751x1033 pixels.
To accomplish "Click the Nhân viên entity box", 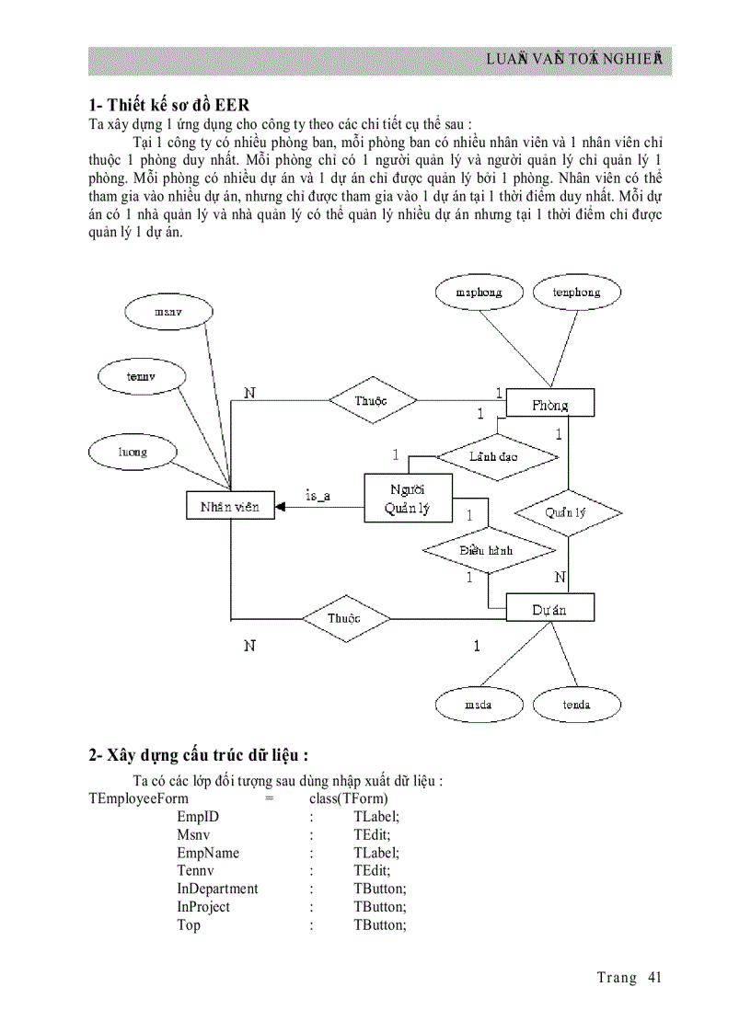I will point(229,506).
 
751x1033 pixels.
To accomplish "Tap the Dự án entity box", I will point(549,609).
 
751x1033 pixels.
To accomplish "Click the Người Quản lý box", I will point(408,499).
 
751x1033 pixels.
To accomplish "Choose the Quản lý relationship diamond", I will point(567,512).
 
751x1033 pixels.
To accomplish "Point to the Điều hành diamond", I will point(488,550).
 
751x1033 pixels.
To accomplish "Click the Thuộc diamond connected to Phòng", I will point(372,400).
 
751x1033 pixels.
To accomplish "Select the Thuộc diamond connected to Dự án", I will point(344,618).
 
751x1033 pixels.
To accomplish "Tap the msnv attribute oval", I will point(168,312).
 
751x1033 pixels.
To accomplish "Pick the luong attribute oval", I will point(133,452).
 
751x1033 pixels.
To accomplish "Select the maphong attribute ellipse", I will point(479,293).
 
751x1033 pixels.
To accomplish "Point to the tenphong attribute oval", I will point(576,293).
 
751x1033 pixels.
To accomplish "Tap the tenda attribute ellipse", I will point(576,705).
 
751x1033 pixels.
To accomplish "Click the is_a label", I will point(318,496).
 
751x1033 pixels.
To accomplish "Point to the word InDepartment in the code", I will point(217,889).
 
